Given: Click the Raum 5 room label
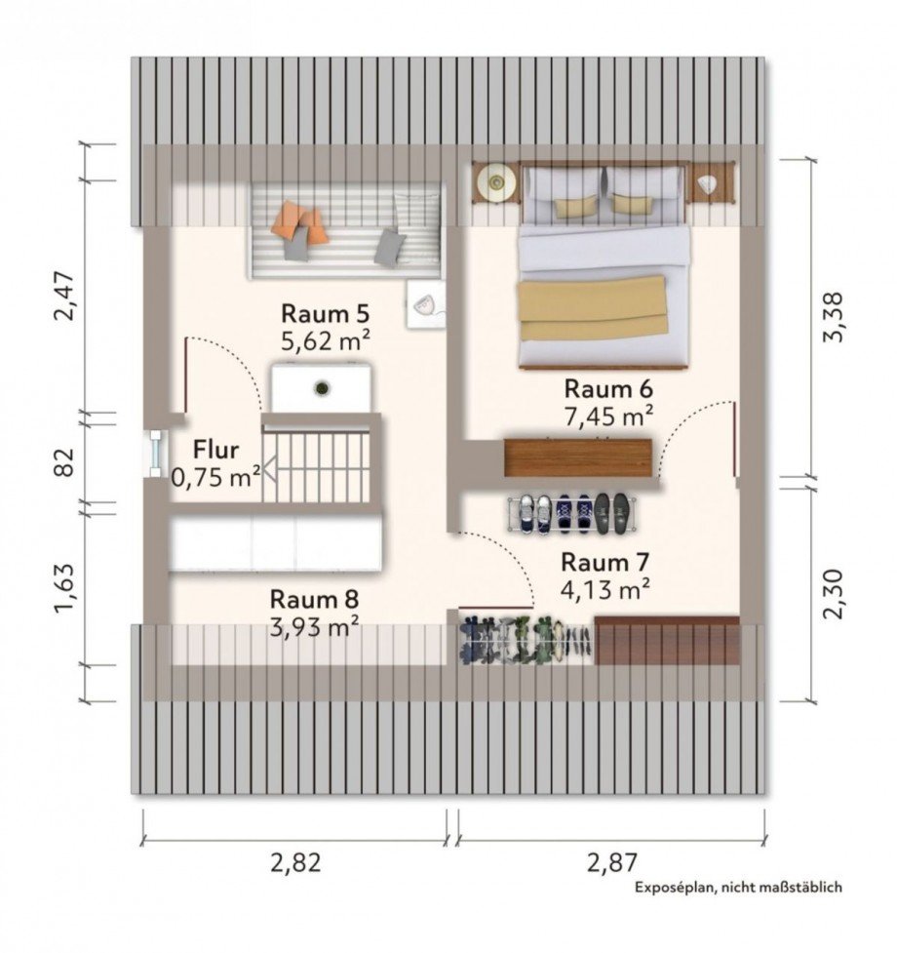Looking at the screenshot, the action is (325, 314).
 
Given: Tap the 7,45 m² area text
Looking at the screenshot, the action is (609, 417).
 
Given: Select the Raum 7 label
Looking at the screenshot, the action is (604, 562).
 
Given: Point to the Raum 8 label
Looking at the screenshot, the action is (314, 599).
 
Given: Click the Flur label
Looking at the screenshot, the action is (215, 451).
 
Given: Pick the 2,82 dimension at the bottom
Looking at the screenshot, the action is (295, 862).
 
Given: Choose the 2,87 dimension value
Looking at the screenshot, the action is (611, 862).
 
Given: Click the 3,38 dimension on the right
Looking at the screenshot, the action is (833, 317).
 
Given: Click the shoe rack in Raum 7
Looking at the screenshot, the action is (572, 514).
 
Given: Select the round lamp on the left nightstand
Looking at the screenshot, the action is (497, 180).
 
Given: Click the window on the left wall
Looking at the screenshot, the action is (156, 454).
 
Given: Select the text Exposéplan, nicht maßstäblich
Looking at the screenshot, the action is (738, 888).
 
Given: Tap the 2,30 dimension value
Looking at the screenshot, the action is (833, 594).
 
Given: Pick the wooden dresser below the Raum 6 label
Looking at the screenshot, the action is (577, 457).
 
